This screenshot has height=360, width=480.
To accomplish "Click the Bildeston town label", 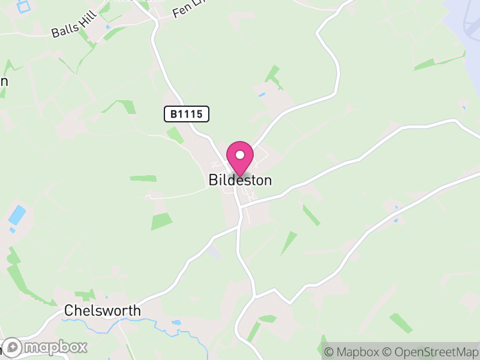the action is click(240, 180).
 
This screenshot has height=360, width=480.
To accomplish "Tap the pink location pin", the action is click(240, 157).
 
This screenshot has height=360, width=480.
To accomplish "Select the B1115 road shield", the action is click(187, 113).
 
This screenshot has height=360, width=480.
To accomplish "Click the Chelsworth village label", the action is click(102, 311).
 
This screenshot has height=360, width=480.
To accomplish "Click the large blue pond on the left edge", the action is click(17, 214).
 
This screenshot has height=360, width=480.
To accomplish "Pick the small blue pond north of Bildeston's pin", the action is click(262, 95).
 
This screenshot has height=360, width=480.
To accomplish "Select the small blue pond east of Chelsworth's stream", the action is click(176, 322).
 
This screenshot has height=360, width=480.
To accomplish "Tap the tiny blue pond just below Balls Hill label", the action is click(107, 27).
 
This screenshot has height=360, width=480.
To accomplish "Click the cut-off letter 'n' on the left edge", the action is click(4, 82).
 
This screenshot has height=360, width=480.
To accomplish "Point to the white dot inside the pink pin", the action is click(240, 155).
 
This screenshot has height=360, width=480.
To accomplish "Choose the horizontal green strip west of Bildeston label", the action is click(143, 178).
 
